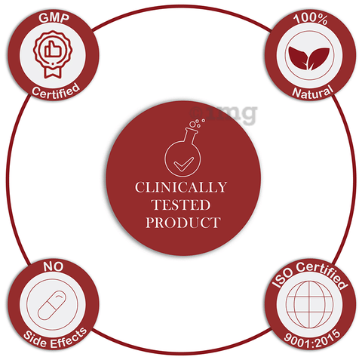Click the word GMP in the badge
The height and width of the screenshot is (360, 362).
(54, 18)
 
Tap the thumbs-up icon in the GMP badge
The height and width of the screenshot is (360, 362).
(53, 49)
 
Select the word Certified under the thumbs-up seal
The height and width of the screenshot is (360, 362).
(56, 91)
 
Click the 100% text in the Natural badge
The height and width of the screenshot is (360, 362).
(311, 19)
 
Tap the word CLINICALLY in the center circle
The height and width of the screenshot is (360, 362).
(181, 187)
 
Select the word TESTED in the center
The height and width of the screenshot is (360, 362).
(181, 205)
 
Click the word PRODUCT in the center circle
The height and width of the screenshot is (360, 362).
(183, 223)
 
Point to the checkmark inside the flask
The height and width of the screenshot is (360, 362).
(184, 165)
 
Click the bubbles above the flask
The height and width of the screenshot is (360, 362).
(197, 123)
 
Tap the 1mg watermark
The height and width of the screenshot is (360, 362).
(223, 114)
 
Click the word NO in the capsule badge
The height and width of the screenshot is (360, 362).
(53, 266)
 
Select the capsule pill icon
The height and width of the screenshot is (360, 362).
(52, 305)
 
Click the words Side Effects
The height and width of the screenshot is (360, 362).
(56, 339)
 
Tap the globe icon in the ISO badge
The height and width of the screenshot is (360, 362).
(309, 304)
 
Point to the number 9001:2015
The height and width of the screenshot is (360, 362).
(312, 339)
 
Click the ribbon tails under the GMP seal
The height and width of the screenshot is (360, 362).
(53, 72)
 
